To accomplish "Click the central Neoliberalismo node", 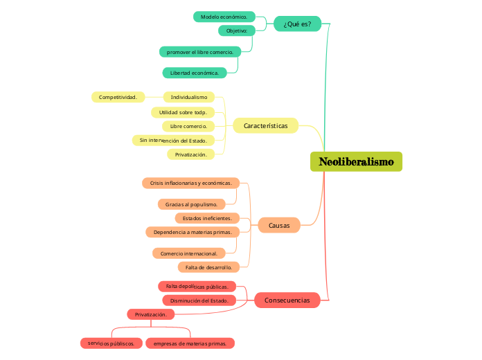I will pyautogui.click(x=356, y=162).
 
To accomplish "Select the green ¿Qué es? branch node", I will pyautogui.click(x=297, y=24).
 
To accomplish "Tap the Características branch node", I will pyautogui.click(x=265, y=125).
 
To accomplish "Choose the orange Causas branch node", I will pyautogui.click(x=279, y=225).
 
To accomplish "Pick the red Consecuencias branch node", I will pyautogui.click(x=287, y=300).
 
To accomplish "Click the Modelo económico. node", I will pyautogui.click(x=224, y=17).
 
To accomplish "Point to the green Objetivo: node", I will pyautogui.click(x=236, y=30).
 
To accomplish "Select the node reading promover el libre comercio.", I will pyautogui.click(x=200, y=52).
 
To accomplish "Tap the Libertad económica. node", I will pyautogui.click(x=194, y=73).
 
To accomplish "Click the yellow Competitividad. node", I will pyautogui.click(x=118, y=97).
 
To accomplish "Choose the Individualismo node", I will pyautogui.click(x=188, y=97).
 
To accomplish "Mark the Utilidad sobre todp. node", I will pyautogui.click(x=183, y=112).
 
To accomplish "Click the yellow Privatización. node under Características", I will pyautogui.click(x=190, y=154).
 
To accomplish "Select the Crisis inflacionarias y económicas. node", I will pyautogui.click(x=190, y=183).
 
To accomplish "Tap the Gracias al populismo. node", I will pyautogui.click(x=191, y=204).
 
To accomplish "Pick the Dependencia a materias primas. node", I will pyautogui.click(x=193, y=232).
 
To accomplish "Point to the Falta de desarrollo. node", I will pyautogui.click(x=208, y=267).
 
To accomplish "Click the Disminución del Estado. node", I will pyautogui.click(x=199, y=300).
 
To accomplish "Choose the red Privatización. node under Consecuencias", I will pyautogui.click(x=150, y=314).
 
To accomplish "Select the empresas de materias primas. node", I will pyautogui.click(x=190, y=343).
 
